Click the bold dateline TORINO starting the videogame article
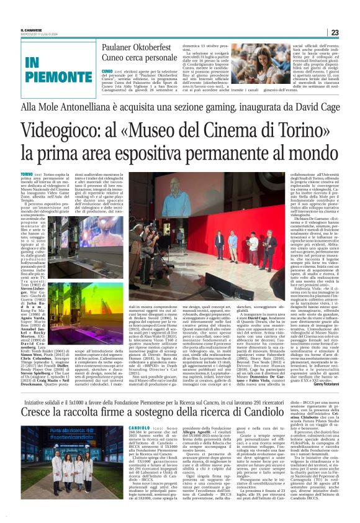coord(26,175)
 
